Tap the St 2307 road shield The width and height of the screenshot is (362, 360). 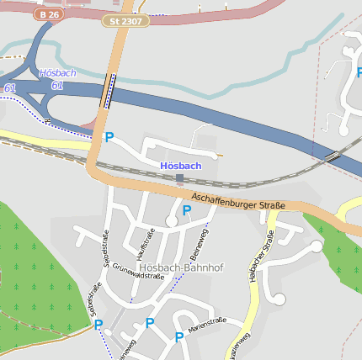[x=125, y=20]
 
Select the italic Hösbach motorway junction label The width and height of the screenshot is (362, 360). [x=57, y=73]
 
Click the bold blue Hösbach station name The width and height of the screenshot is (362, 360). [x=180, y=166]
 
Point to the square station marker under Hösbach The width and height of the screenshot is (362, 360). [x=179, y=177]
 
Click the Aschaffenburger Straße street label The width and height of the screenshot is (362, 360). [x=238, y=201]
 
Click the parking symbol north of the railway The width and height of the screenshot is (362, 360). [x=109, y=136]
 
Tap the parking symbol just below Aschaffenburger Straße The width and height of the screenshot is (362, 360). [x=186, y=210]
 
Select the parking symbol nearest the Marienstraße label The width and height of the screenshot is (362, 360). [x=179, y=337]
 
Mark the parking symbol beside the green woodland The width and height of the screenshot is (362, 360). [x=98, y=325]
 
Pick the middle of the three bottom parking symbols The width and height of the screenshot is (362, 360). [x=150, y=323]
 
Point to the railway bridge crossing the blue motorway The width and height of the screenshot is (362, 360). [x=333, y=156]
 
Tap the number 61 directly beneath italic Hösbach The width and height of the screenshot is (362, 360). [x=57, y=85]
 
